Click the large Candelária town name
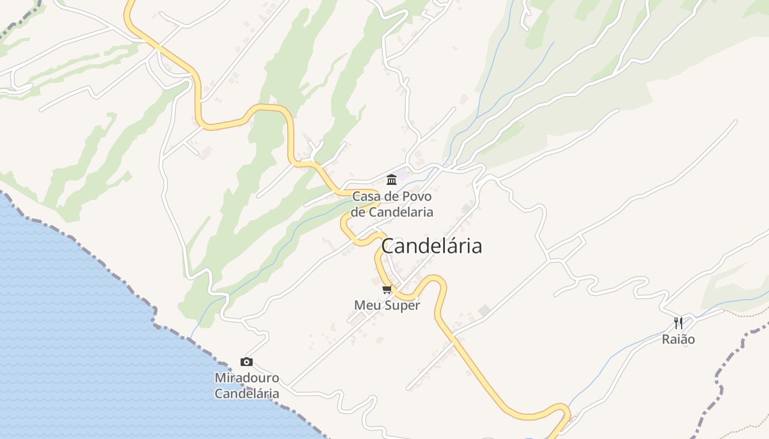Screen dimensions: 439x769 (x=432, y=246)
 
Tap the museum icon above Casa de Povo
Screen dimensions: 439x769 (x=392, y=179)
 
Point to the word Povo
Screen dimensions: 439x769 (x=417, y=196)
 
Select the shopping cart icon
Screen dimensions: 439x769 (x=387, y=289)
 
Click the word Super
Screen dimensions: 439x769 (x=403, y=306)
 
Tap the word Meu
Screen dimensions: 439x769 (x=366, y=306)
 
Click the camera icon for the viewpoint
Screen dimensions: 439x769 (x=247, y=362)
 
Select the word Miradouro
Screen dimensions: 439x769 (x=247, y=378)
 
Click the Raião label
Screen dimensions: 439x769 (x=678, y=339)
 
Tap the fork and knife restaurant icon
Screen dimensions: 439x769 (x=678, y=323)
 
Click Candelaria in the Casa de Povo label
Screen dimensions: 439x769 (x=400, y=212)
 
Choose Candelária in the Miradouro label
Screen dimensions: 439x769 (x=247, y=393)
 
